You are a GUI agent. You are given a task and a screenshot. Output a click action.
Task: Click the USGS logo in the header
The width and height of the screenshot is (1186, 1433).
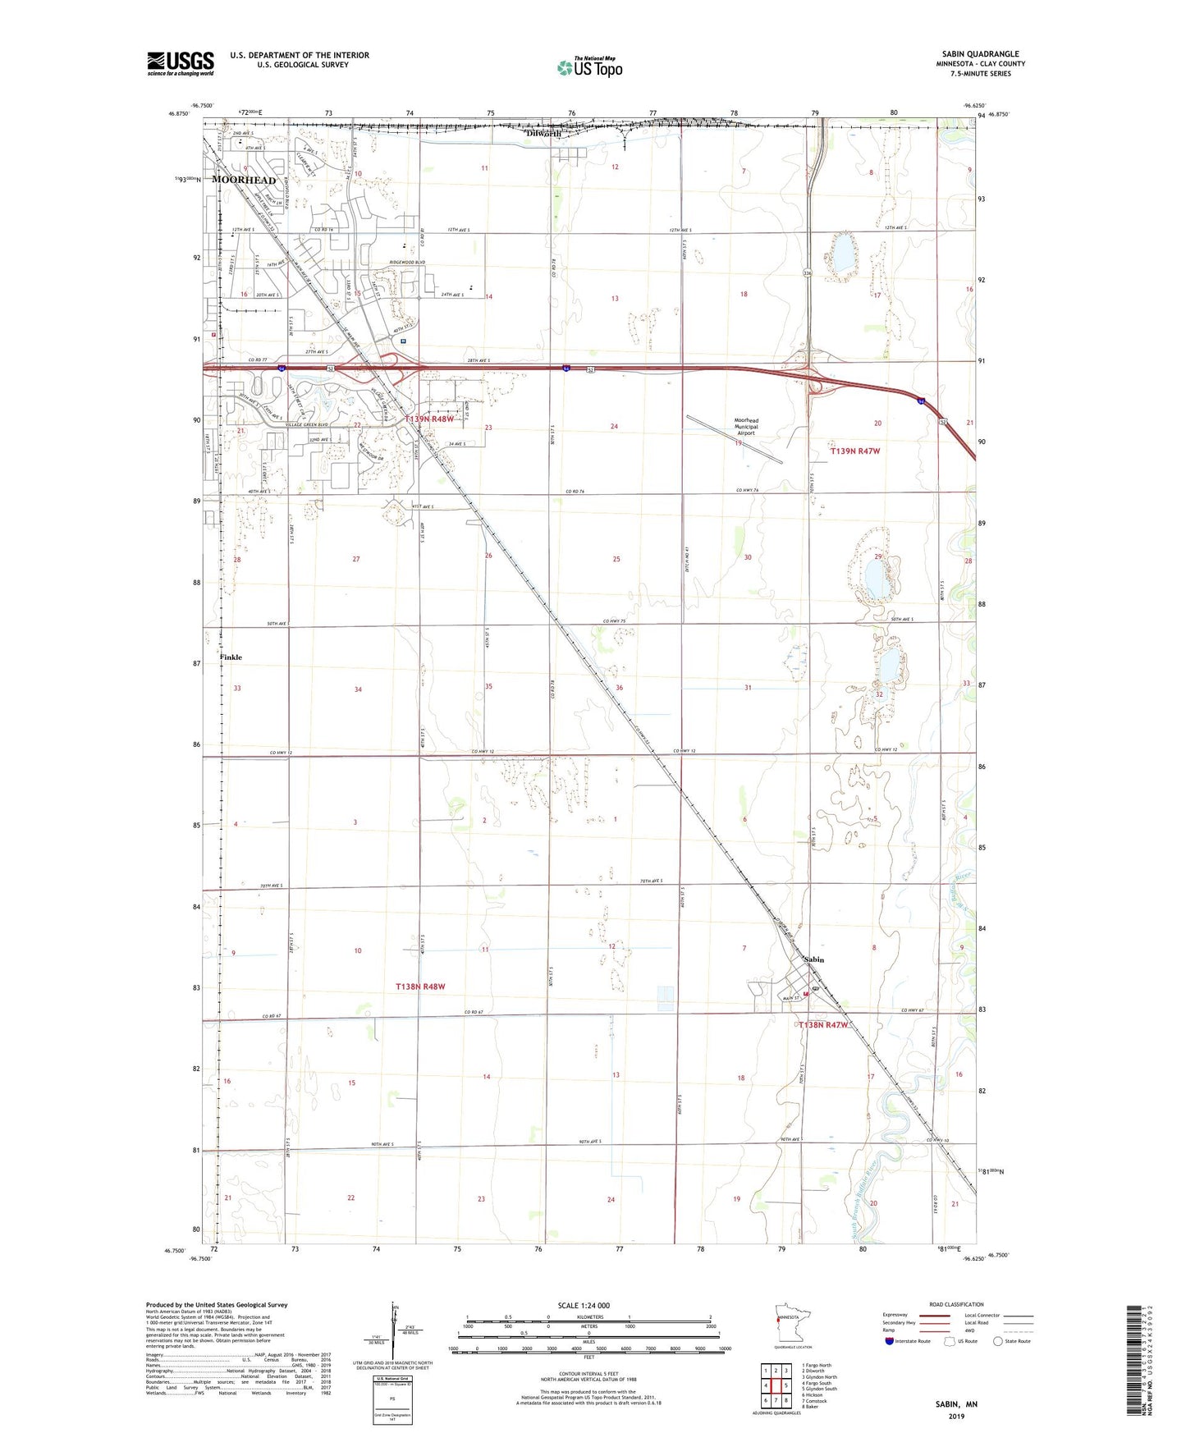point(181,62)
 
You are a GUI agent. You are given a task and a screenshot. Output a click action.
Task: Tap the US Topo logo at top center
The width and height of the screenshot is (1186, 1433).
point(589,68)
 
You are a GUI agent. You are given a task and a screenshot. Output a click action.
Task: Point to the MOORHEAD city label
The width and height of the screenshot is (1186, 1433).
point(244,180)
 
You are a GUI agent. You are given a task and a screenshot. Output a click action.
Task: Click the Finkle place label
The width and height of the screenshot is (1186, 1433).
point(231,657)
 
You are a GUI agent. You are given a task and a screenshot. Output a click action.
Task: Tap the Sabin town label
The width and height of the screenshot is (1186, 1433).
point(813,959)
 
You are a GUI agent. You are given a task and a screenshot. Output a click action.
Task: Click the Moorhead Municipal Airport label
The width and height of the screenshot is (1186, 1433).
point(746,427)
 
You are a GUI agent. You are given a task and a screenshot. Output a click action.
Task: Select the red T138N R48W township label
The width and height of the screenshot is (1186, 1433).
point(420,986)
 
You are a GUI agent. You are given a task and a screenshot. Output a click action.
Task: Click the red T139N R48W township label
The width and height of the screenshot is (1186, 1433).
point(429,419)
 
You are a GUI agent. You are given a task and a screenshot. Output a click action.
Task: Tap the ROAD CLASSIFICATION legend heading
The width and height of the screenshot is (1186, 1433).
point(956,1304)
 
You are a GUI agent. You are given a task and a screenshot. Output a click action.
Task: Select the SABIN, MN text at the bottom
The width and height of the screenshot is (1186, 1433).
point(956,1404)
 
